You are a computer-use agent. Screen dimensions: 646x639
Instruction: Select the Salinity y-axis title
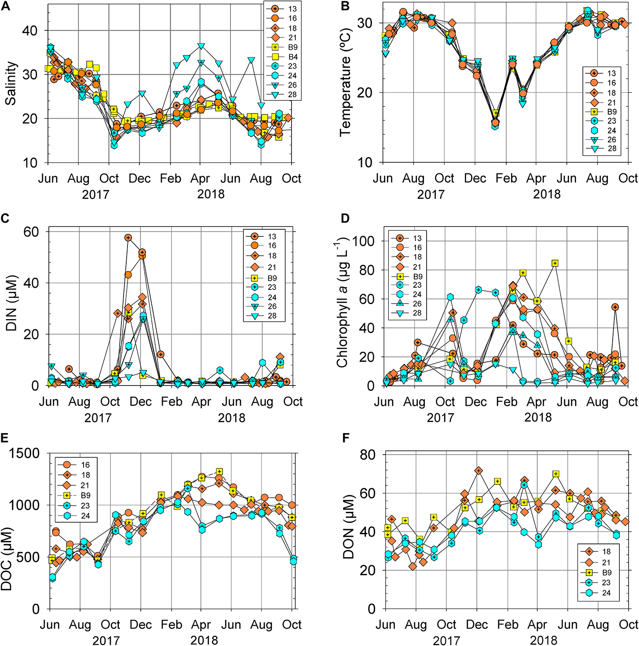(11, 83)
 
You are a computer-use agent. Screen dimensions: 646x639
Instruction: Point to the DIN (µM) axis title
(11, 303)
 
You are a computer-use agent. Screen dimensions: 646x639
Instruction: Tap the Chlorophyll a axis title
(343, 303)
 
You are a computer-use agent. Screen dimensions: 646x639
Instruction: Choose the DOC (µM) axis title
(7, 558)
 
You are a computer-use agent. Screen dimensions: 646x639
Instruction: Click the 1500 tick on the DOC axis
(25, 454)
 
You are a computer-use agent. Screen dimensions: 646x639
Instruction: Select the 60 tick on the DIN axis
(31, 231)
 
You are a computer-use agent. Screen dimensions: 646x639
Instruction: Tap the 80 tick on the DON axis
(368, 455)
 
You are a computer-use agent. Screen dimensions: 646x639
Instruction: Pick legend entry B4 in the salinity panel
(292, 57)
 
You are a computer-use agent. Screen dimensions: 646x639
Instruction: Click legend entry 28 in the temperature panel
(612, 149)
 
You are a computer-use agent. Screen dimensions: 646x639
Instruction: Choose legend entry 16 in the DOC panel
(85, 465)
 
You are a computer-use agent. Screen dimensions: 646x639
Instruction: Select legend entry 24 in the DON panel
(606, 592)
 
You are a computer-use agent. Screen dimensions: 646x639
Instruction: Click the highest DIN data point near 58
(128, 238)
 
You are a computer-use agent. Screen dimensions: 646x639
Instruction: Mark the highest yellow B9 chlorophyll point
(555, 263)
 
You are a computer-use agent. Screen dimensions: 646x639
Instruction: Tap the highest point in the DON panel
(478, 471)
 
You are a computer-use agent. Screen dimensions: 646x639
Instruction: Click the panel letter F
(346, 438)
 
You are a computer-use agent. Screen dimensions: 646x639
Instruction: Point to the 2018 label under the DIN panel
(231, 418)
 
